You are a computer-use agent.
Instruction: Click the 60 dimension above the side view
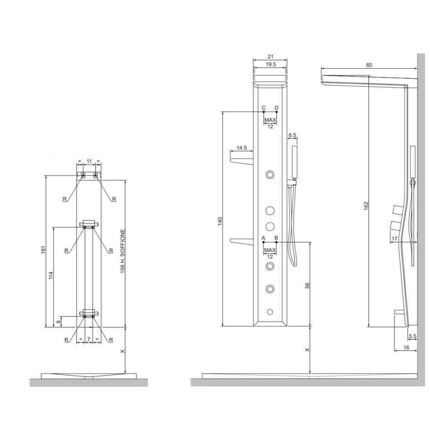click(369, 65)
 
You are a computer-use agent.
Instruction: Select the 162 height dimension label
click(366, 206)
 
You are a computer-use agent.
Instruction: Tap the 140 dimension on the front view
click(220, 221)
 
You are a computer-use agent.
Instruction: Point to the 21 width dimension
click(270, 56)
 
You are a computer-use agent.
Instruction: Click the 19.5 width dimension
click(270, 64)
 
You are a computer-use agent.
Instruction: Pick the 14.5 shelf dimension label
click(241, 148)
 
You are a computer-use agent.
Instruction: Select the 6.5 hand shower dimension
click(292, 135)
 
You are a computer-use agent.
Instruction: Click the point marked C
click(264, 112)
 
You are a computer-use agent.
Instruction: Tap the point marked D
click(276, 112)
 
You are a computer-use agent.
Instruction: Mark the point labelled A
click(264, 242)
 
